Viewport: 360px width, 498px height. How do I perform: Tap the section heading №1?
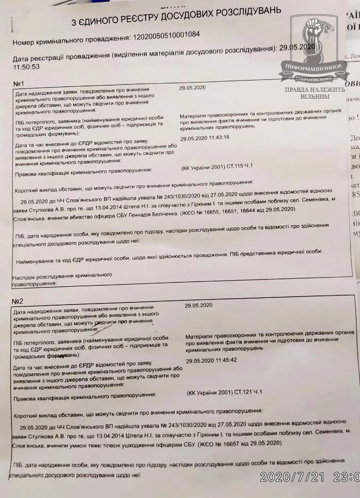(x=20, y=84)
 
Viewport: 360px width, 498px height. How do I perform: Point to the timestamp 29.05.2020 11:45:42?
(x=211, y=361)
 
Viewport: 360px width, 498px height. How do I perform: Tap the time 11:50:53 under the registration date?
(x=27, y=67)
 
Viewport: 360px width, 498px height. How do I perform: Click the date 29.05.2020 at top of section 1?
(x=193, y=87)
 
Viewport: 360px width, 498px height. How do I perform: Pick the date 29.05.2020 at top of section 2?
(x=198, y=305)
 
